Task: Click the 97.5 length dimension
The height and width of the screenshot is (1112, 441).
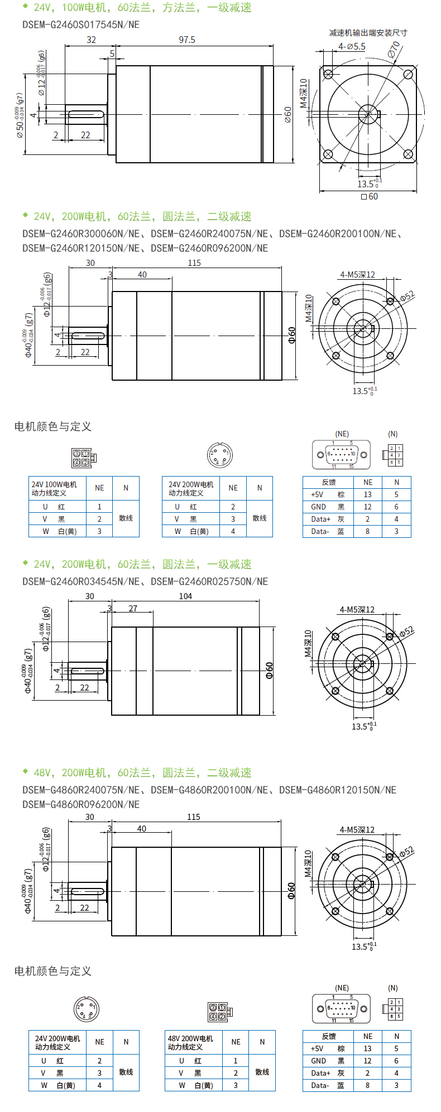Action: click(x=187, y=40)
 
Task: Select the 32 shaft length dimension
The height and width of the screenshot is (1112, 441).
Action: click(x=91, y=40)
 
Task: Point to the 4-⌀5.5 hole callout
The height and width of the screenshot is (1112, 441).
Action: click(x=352, y=47)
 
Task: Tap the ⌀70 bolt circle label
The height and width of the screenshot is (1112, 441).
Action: click(x=395, y=49)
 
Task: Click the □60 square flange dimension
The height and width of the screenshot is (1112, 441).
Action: click(x=370, y=196)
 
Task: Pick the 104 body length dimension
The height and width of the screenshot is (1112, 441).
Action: click(x=185, y=596)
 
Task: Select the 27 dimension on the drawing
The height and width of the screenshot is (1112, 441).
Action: click(x=133, y=608)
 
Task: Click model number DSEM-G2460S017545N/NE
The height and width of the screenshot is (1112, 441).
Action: click(x=81, y=25)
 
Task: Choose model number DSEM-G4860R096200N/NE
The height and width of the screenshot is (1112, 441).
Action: click(x=81, y=804)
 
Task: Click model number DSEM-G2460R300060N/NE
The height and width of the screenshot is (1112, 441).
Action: click(x=81, y=234)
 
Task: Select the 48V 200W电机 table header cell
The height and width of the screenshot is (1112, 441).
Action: click(x=190, y=1042)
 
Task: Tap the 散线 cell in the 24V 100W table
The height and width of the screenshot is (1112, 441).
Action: click(x=126, y=518)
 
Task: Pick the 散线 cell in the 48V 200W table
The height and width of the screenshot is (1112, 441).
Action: click(x=262, y=1072)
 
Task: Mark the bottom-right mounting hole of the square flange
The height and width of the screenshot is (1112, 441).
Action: click(x=408, y=154)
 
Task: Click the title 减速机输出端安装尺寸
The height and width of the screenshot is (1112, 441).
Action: click(x=368, y=33)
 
